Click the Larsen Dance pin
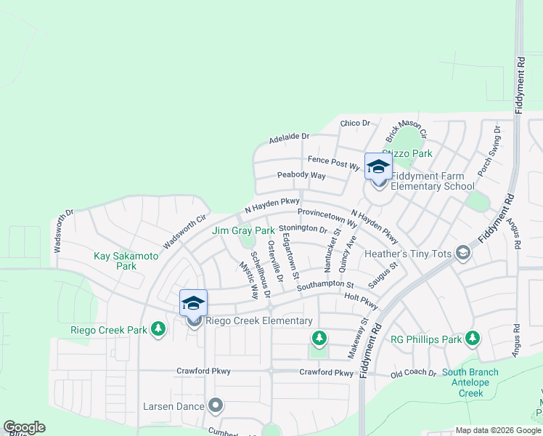click(x=215, y=405)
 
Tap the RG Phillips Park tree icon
click(x=473, y=338)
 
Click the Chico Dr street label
click(x=355, y=124)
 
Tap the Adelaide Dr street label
click(x=289, y=136)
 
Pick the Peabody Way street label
click(x=301, y=175)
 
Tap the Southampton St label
click(x=324, y=285)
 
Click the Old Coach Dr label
click(x=413, y=374)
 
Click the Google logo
click(x=24, y=427)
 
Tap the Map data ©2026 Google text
click(x=498, y=430)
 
